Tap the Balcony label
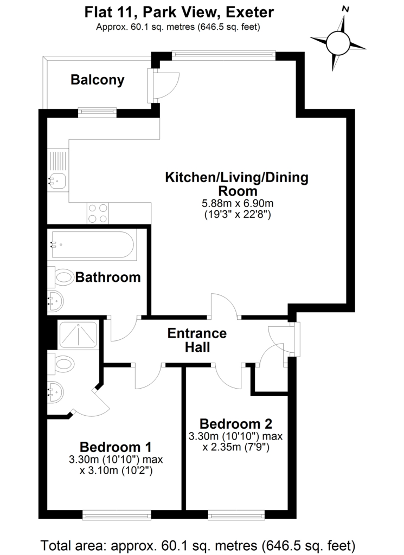tap(98, 80)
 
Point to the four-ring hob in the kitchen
tap(97, 212)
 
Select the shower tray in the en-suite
tap(79, 334)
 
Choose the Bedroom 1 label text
tap(115, 447)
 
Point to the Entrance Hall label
tap(196, 340)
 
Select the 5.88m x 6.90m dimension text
tap(237, 203)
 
